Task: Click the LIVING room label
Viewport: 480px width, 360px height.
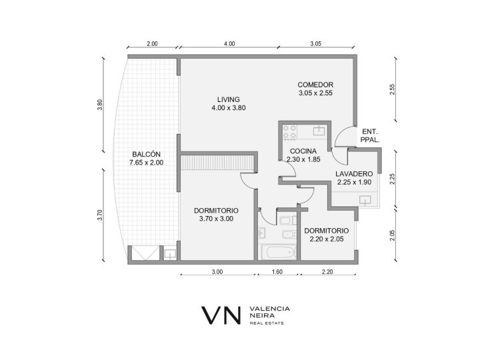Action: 229,99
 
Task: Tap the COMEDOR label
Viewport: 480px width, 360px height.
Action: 315,85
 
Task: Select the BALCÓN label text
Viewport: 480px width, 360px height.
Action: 146,154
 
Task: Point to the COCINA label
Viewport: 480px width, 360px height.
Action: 303,151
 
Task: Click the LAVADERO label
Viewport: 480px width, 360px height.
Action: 354,174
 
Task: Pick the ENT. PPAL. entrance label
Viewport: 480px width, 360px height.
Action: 370,136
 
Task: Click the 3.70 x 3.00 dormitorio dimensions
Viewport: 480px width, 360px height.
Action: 216,219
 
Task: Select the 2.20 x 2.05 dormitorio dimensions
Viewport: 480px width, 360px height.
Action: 327,239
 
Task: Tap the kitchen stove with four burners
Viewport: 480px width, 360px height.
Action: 289,132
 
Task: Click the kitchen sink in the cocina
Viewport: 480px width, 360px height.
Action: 319,131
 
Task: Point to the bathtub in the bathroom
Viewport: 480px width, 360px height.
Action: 280,253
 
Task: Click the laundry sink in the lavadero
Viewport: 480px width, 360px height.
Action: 365,200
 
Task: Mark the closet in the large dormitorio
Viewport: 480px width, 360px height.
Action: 217,163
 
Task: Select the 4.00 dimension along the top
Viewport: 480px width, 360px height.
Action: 229,44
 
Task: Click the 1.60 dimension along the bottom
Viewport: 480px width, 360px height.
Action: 277,271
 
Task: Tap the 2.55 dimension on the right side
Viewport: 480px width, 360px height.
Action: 393,89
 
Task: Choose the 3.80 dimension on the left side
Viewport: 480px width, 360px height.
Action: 100,105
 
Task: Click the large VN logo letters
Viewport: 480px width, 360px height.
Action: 221,315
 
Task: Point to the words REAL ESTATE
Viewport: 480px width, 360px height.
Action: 267,323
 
